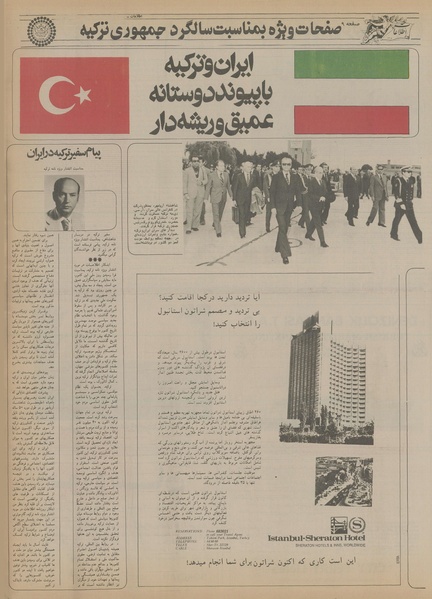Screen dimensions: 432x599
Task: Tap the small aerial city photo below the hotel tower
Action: [343, 480]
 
